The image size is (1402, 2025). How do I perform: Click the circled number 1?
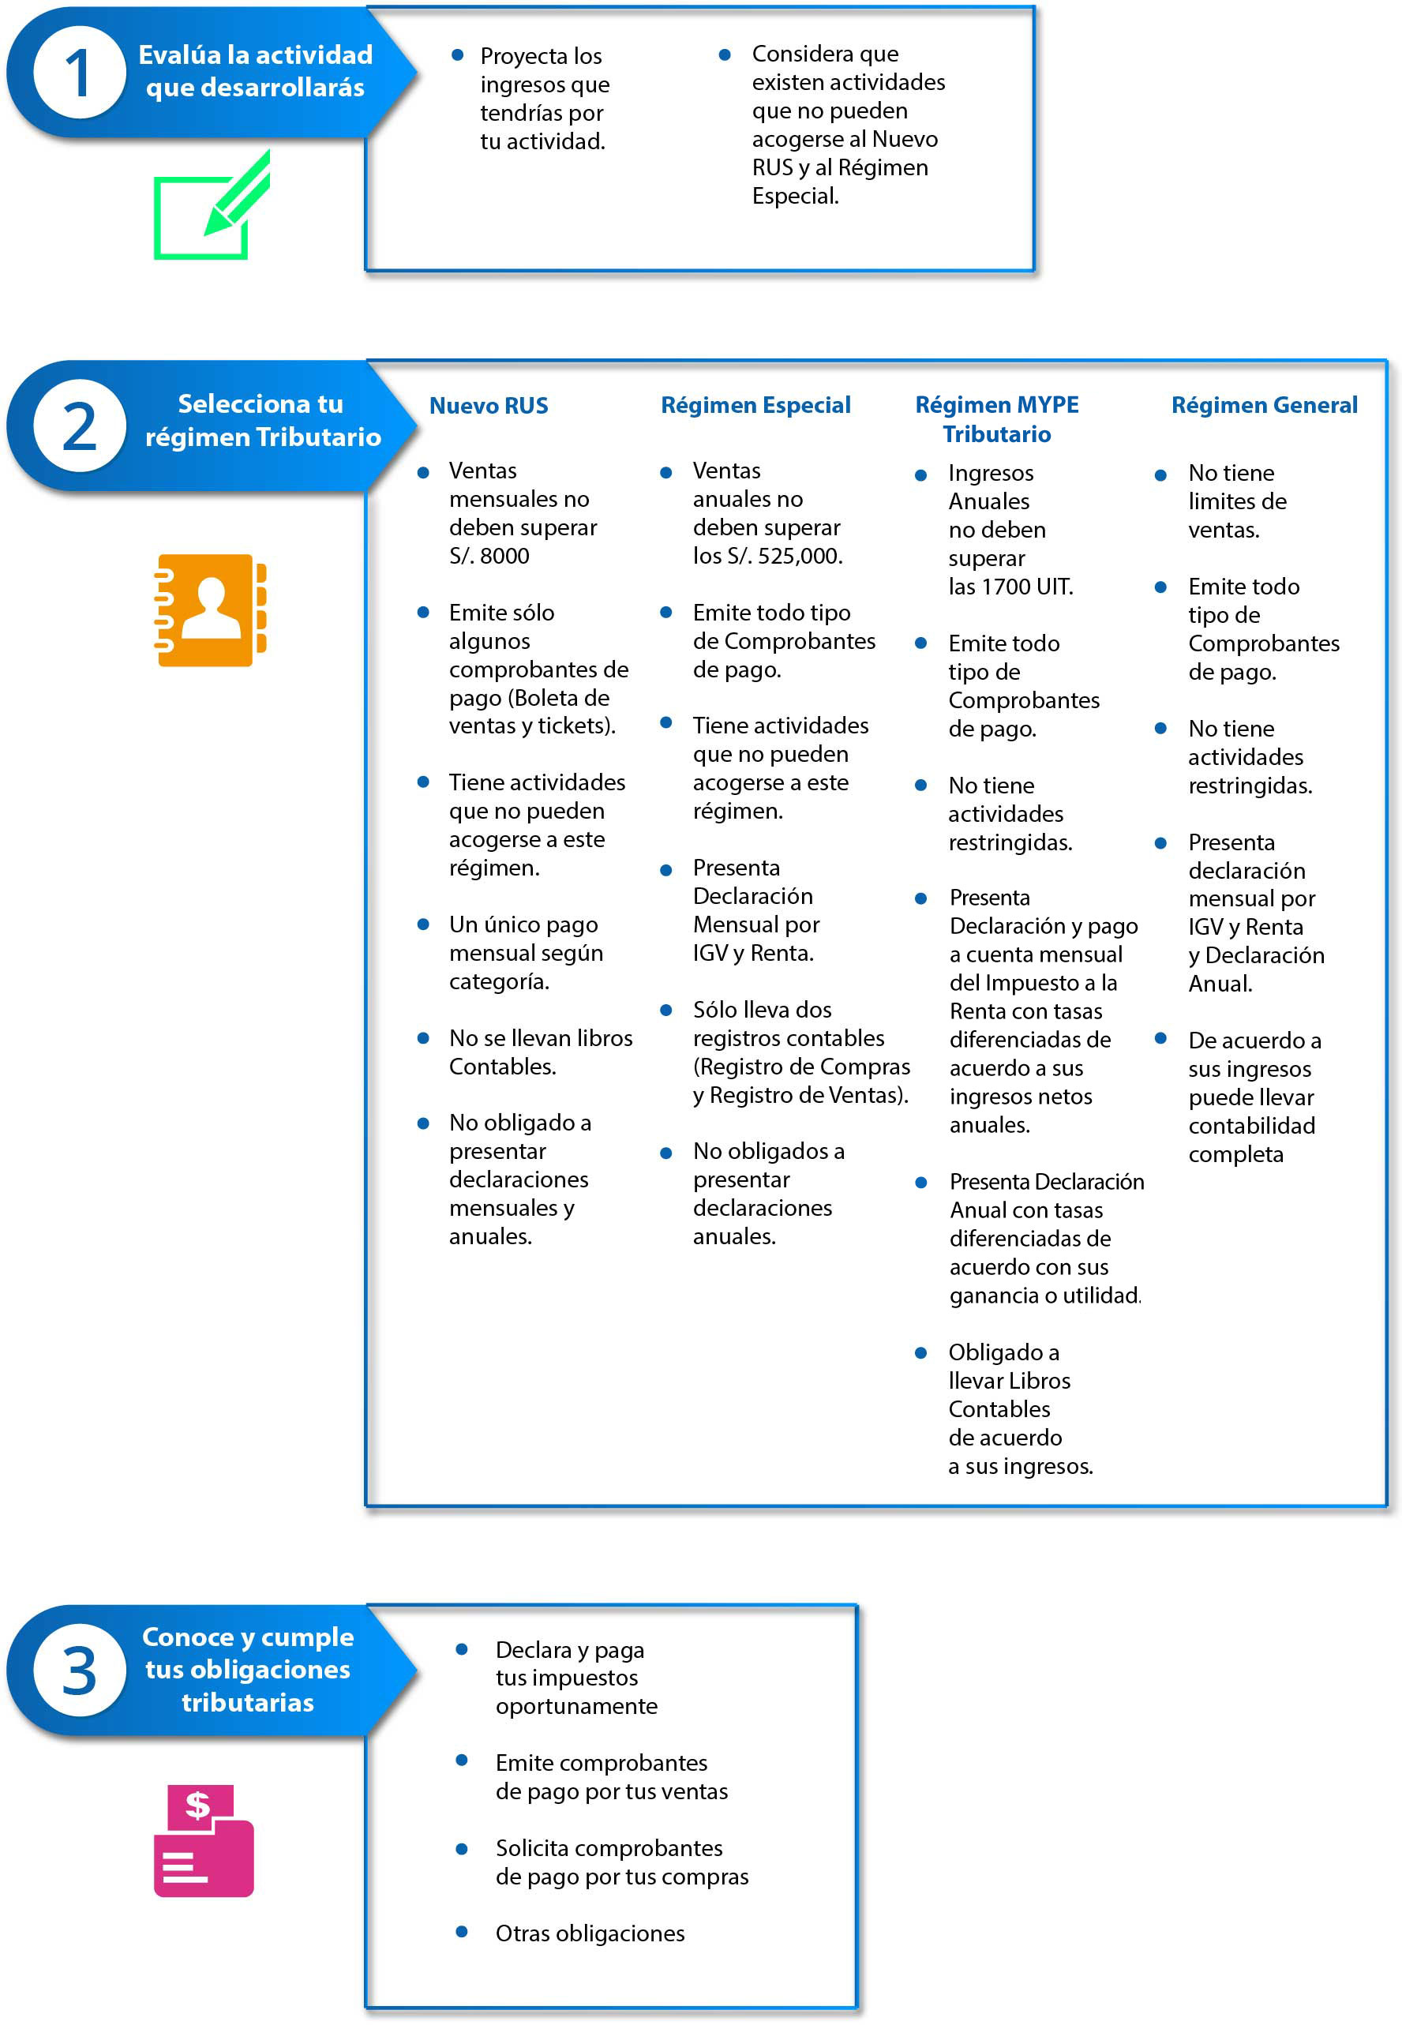pyautogui.click(x=79, y=73)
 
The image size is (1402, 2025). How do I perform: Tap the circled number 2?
pyautogui.click(x=79, y=426)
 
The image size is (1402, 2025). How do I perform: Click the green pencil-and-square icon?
pyautogui.click(x=211, y=208)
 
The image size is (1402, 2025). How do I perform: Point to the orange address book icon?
pyautogui.click(x=211, y=609)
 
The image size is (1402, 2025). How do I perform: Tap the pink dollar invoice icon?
pyautogui.click(x=204, y=1839)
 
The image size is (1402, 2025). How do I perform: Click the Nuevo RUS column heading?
pyautogui.click(x=489, y=406)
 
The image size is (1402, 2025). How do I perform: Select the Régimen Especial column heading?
pyautogui.click(x=755, y=405)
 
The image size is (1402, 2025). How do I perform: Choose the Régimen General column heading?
pyautogui.click(x=1264, y=405)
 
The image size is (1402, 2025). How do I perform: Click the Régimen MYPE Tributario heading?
pyautogui.click(x=997, y=419)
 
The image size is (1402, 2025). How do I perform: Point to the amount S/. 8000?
pyautogui.click(x=489, y=556)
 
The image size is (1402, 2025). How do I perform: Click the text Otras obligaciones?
pyautogui.click(x=590, y=1933)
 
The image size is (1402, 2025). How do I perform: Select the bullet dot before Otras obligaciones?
pyautogui.click(x=461, y=1931)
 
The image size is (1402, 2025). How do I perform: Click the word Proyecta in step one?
pyautogui.click(x=523, y=56)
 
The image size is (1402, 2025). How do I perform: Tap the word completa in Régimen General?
pyautogui.click(x=1235, y=1154)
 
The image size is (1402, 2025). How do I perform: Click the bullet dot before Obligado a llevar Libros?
pyautogui.click(x=920, y=1353)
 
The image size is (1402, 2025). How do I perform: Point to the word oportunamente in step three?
pyautogui.click(x=576, y=1706)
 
